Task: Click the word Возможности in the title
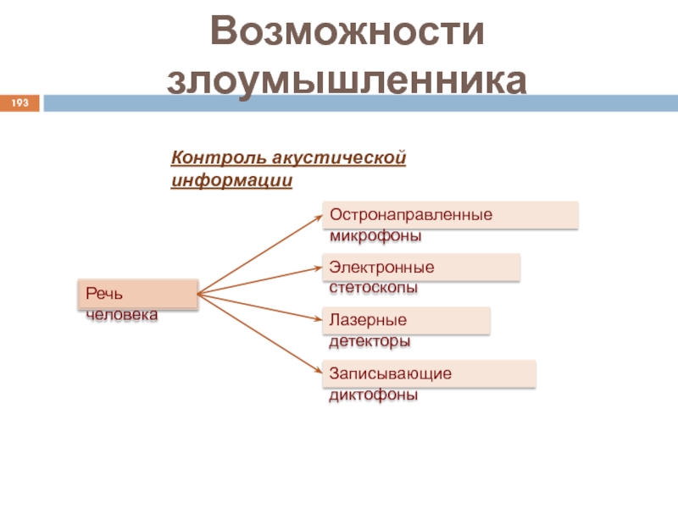click(348, 32)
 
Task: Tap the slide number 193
click(20, 103)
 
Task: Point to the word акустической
click(339, 158)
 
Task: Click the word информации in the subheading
click(232, 181)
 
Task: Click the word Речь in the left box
click(104, 293)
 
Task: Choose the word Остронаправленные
click(411, 214)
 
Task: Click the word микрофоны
click(375, 235)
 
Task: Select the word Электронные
click(381, 268)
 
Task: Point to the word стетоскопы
click(374, 288)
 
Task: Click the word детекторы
click(370, 342)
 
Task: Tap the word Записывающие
click(391, 373)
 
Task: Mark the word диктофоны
click(374, 395)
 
